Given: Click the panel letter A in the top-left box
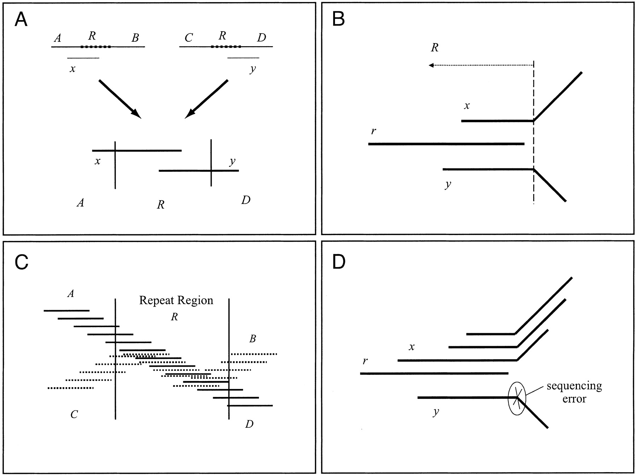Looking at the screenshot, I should point(21,20).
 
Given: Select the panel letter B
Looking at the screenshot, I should point(338,20).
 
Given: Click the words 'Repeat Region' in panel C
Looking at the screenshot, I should point(176,300).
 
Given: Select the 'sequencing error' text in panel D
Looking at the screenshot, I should point(574,392).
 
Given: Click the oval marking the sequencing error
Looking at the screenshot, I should point(517,399).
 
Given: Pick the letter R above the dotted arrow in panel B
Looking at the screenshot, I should point(435,48).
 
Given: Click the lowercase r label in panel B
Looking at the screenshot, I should point(373,131).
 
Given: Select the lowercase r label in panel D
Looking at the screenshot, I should point(365,361).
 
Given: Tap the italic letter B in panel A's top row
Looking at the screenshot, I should point(135,38).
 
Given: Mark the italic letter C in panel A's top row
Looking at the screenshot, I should point(189,38).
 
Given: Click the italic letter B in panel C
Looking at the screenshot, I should point(252,339).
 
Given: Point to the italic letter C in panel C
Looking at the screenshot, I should point(74,414).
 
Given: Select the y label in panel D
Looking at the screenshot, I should point(436,412).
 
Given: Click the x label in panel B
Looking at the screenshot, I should point(467,106).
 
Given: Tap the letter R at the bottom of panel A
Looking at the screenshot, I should point(160,205).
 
